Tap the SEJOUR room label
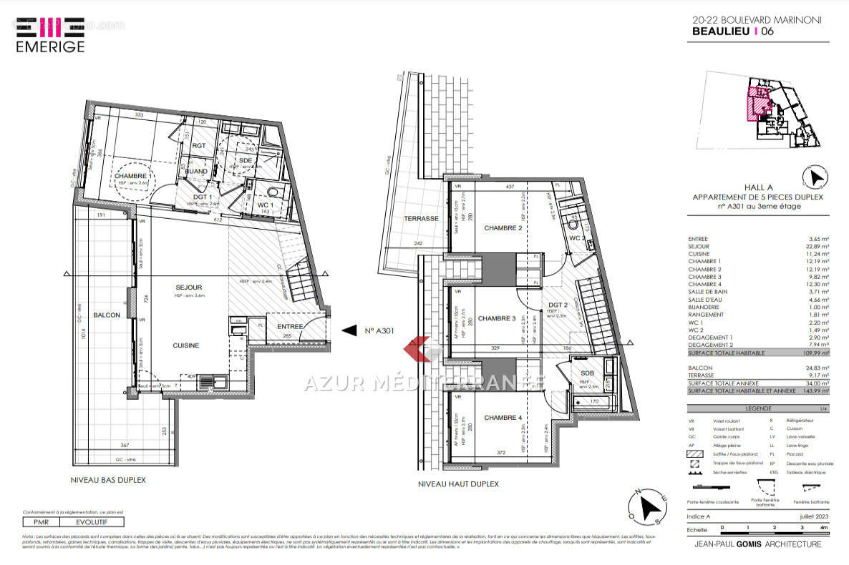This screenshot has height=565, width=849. pos(190,288)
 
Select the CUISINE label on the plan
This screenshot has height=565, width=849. pos(185,345)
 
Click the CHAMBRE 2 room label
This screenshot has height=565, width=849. pos(503,228)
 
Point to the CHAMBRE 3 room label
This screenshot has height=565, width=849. pos(498,318)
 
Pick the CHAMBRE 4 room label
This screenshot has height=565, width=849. pos(503,418)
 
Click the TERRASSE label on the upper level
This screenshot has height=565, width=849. pos(420,218)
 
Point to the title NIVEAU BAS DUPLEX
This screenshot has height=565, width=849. pos(107,480)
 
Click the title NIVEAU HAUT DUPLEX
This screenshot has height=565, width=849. pos(458,484)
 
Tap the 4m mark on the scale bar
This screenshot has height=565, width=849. pos(824,527)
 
